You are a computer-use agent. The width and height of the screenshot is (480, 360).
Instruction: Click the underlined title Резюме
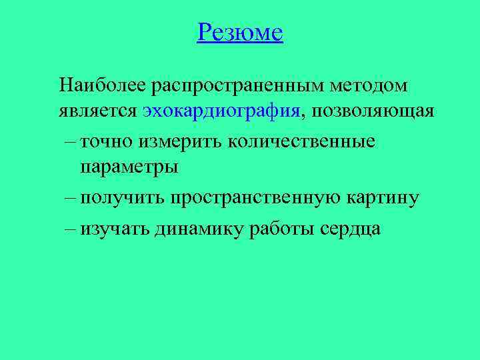pyautogui.click(x=240, y=32)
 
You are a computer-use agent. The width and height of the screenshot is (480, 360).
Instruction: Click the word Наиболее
pyautogui.click(x=103, y=85)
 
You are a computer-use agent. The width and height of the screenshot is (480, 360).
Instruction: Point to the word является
pyautogui.click(x=98, y=110)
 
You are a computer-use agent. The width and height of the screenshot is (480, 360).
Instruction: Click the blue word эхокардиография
pyautogui.click(x=221, y=110)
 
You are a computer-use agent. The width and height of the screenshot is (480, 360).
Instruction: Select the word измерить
pyautogui.click(x=179, y=141)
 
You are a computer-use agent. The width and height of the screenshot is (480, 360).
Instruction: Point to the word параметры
pyautogui.click(x=129, y=166)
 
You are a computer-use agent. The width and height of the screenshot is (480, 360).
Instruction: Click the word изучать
pyautogui.click(x=115, y=229)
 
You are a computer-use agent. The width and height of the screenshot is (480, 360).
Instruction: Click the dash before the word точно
pyautogui.click(x=71, y=141)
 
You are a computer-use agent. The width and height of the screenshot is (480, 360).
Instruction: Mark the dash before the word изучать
pyautogui.click(x=71, y=229)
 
